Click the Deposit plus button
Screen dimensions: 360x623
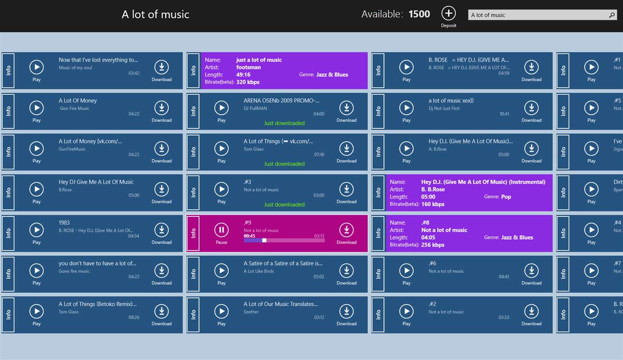(x=448, y=14)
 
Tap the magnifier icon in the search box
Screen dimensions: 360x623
(x=612, y=15)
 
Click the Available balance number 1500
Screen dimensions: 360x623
(x=419, y=14)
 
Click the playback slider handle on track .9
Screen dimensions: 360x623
(x=264, y=240)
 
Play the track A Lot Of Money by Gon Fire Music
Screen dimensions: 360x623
(x=36, y=108)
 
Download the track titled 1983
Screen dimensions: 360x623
(x=161, y=230)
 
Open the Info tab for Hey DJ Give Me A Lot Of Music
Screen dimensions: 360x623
(x=8, y=193)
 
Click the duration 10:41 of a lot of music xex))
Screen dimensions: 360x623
(x=504, y=114)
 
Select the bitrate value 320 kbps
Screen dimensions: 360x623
(x=248, y=82)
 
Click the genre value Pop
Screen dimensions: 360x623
(x=506, y=197)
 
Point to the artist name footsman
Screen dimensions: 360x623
(x=248, y=68)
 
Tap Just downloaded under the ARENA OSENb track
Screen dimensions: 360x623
(x=284, y=123)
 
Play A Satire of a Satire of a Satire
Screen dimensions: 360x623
(x=221, y=271)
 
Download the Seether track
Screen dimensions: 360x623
(x=346, y=312)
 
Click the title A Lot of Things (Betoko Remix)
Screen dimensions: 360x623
(x=98, y=304)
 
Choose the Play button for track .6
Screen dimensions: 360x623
(x=406, y=271)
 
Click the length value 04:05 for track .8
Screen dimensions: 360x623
(x=428, y=238)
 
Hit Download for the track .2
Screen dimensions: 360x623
(x=531, y=312)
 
